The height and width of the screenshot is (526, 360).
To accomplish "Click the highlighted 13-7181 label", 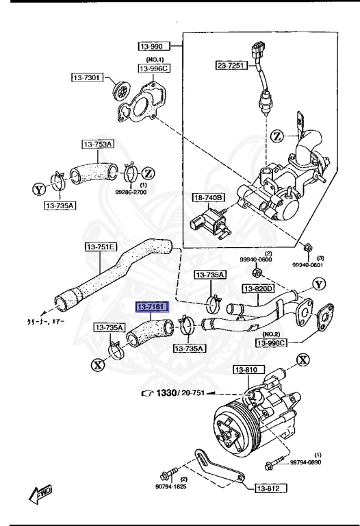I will (x=151, y=308).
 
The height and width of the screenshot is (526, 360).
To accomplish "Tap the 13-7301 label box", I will (x=87, y=78).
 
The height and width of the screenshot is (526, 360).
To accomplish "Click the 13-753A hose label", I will (x=99, y=144).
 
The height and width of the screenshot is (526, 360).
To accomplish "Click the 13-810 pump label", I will (x=246, y=370).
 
